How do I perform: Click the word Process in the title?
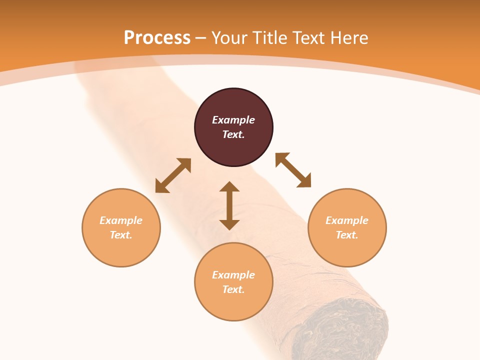coord(157,38)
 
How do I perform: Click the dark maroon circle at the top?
coord(233,105)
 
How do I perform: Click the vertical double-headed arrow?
coord(229,205)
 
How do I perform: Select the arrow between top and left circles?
coord(173,175)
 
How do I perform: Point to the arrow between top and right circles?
coord(293,170)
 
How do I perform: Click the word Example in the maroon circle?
coord(233,120)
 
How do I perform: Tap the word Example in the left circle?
coord(121,220)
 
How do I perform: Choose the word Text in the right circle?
coord(346,235)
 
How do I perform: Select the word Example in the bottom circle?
coord(233,275)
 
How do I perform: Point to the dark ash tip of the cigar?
coord(345,325)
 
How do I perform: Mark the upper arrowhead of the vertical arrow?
coord(229,187)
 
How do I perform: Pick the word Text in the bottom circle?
coord(232,289)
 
